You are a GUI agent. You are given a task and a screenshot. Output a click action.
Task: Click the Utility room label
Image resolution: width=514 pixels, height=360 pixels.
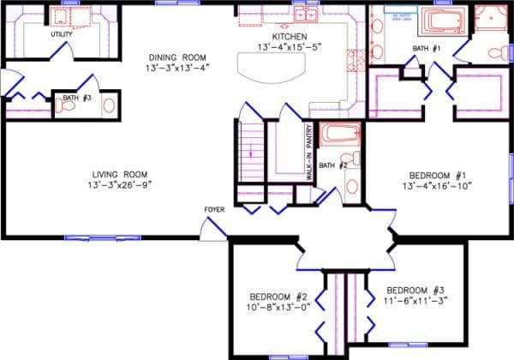[61, 34]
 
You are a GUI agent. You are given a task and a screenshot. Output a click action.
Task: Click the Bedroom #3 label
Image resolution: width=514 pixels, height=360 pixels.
[415, 290]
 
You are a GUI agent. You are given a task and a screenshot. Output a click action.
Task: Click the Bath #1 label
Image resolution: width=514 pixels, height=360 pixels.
[426, 48]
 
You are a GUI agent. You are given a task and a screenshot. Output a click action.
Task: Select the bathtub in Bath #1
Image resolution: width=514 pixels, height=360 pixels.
[444, 21]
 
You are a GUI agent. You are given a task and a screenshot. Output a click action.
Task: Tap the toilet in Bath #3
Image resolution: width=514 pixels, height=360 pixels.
[107, 105]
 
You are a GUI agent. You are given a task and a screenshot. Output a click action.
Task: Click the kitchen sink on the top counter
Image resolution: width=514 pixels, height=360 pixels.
[307, 15]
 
